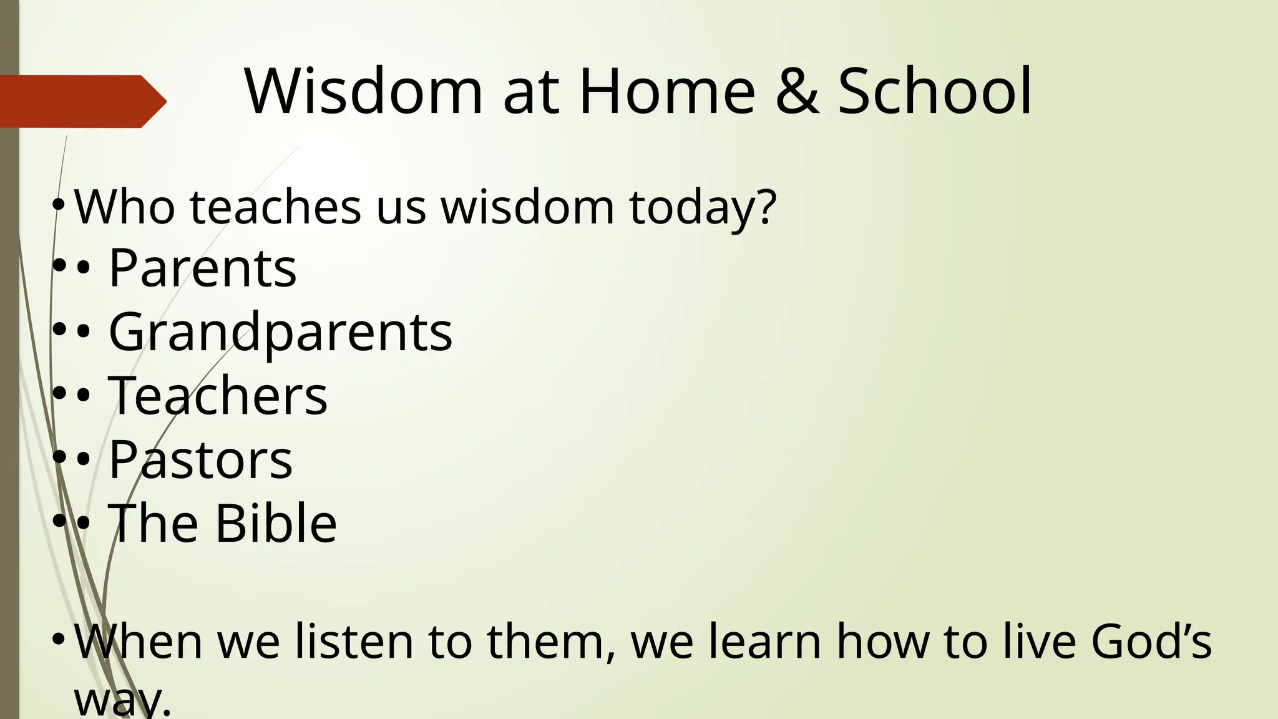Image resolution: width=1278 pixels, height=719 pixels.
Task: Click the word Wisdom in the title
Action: pyautogui.click(x=363, y=92)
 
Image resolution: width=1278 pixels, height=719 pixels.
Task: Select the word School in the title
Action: pyautogui.click(x=934, y=92)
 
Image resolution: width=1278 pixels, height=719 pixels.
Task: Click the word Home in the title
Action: pyautogui.click(x=666, y=92)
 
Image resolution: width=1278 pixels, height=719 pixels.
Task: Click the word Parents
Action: pyautogui.click(x=202, y=268)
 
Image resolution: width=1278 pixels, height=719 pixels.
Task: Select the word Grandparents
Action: pyautogui.click(x=280, y=332)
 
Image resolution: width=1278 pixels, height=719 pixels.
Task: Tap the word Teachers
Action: pyautogui.click(x=217, y=396)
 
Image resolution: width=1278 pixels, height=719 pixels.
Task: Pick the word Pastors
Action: pyautogui.click(x=200, y=460)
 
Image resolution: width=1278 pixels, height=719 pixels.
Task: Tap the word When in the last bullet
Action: pyautogui.click(x=139, y=642)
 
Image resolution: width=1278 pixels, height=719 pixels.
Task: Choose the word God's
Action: pyautogui.click(x=1151, y=642)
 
